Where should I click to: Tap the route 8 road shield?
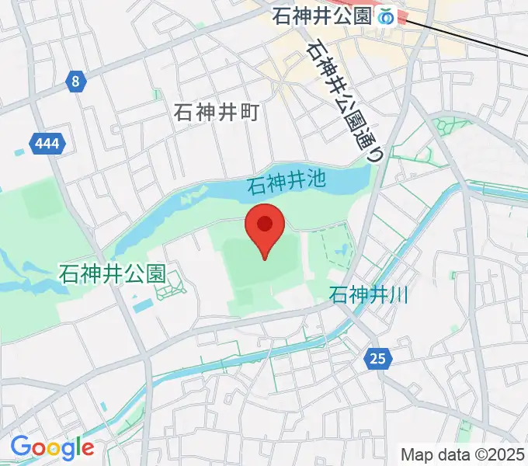75,82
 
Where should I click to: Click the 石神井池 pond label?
286,185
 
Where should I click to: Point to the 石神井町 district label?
216,113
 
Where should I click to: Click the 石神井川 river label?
369,294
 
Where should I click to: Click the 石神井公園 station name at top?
322,16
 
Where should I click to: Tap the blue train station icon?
386,16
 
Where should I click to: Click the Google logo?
52,447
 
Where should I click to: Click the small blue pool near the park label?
142,306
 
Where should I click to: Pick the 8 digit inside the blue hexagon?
75,82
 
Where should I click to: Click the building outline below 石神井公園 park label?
170,290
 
